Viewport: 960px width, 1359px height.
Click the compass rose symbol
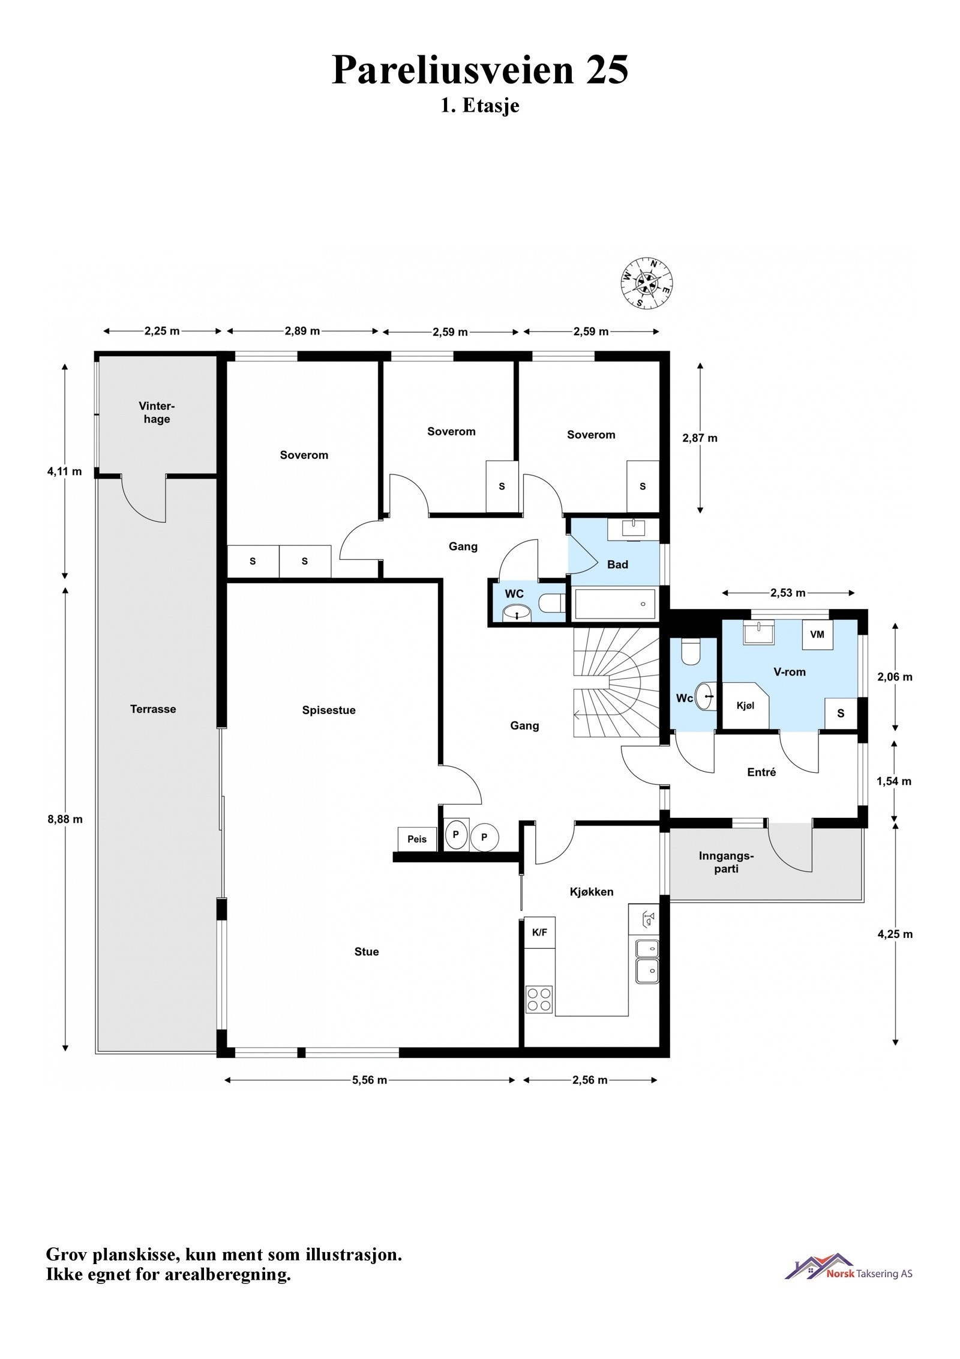point(646,283)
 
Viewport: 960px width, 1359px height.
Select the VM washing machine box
point(817,634)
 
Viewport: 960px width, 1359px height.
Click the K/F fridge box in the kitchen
point(540,933)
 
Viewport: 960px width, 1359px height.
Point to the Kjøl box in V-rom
point(745,705)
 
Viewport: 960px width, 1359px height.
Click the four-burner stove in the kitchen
point(539,1000)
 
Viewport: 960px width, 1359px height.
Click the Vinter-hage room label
point(157,413)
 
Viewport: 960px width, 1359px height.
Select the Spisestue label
point(329,710)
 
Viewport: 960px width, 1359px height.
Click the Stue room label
point(367,951)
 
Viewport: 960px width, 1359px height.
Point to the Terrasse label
point(153,709)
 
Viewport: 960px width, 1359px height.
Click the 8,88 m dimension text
point(65,819)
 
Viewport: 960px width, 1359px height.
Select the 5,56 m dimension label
point(370,1080)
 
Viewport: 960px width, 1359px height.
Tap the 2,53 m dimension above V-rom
point(788,593)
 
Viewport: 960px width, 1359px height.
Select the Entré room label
point(761,772)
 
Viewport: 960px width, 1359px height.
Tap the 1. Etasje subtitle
point(480,106)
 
